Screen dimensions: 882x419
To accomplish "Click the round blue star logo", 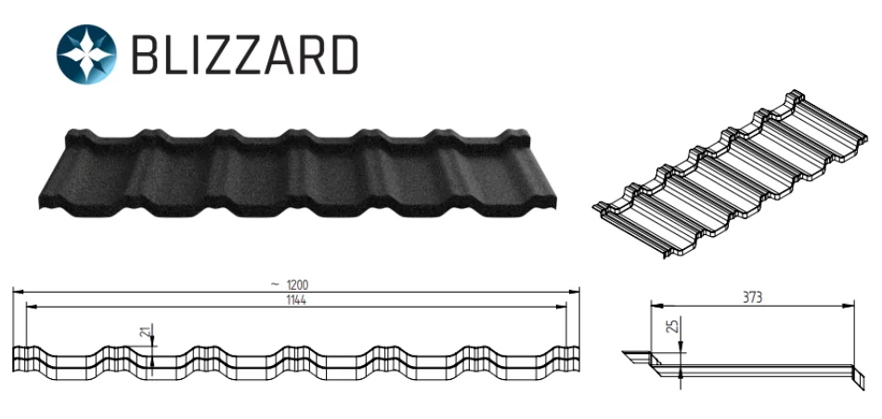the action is pyautogui.click(x=86, y=54).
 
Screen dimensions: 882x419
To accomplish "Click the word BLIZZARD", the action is pyautogui.click(x=245, y=55).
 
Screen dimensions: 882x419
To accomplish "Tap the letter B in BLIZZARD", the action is pyautogui.click(x=145, y=55).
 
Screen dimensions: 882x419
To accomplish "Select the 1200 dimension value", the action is pyautogui.click(x=298, y=285).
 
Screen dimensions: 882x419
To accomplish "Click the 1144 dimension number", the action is pyautogui.click(x=296, y=300).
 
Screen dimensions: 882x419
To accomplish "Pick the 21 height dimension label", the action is pyautogui.click(x=146, y=334).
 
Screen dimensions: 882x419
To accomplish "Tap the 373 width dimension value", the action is pyautogui.click(x=752, y=297).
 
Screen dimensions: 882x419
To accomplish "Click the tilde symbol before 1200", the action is pyautogui.click(x=274, y=284).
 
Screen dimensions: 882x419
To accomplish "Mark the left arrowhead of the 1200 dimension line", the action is pyautogui.click(x=18, y=292).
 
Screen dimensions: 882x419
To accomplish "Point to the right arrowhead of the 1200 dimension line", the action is pyautogui.click(x=574, y=292).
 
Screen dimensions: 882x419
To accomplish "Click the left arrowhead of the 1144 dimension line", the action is pyautogui.click(x=32, y=307).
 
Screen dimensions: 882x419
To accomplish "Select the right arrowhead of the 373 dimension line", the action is pyautogui.click(x=849, y=307).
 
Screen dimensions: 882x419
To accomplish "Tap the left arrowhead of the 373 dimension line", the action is pyautogui.click(x=656, y=307).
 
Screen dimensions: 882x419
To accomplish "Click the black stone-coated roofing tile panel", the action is pyautogui.click(x=297, y=174).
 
